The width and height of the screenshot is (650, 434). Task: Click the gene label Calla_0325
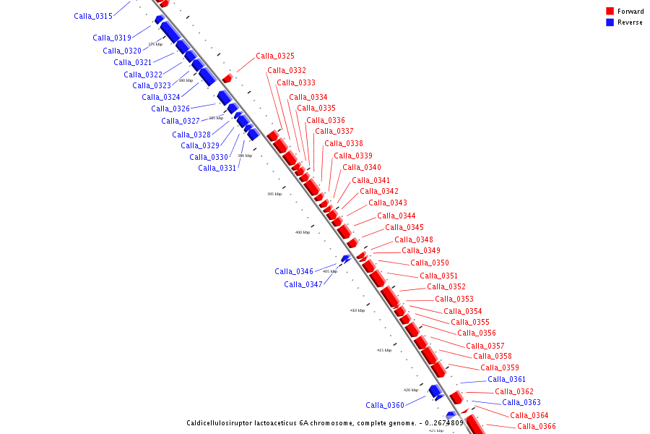point(275,56)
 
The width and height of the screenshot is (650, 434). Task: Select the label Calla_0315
point(93,16)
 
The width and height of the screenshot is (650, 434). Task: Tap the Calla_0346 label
point(294,272)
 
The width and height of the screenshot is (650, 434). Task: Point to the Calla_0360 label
point(385,406)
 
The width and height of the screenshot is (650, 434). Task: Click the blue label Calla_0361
point(507,380)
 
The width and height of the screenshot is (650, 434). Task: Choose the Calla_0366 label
point(537,427)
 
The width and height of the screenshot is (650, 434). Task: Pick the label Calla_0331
point(217,169)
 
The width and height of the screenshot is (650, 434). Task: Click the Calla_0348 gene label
point(414,240)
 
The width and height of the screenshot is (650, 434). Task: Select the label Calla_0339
point(353,156)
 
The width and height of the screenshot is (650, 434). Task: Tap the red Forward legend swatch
point(610,12)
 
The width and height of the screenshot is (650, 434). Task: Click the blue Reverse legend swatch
point(610,22)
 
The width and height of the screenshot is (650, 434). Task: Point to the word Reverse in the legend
point(630,22)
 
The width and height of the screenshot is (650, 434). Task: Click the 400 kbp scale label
point(302,232)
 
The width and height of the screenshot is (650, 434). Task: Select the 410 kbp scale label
point(357,310)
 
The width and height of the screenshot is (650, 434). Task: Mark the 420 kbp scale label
point(410,390)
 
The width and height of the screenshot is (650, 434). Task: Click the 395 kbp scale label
point(274,194)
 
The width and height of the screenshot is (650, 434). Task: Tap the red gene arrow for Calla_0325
point(227,78)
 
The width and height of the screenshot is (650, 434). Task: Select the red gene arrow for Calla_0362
point(456,398)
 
